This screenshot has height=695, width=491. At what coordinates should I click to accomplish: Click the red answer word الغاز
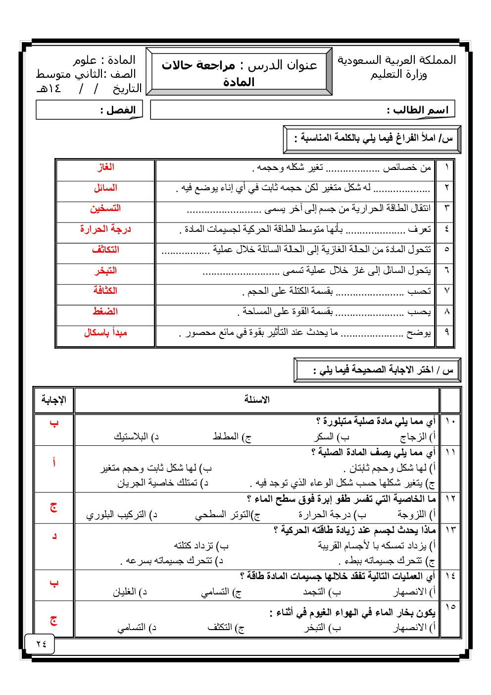[x=105, y=167]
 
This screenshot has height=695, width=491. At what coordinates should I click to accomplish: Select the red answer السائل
[x=105, y=188]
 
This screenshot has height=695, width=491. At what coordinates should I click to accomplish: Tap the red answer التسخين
[x=105, y=209]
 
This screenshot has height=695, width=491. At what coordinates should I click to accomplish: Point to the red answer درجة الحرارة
[x=105, y=229]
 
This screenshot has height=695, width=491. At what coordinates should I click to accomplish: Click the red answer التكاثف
[x=105, y=249]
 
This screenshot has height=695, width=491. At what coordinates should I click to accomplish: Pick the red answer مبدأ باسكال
[x=105, y=332]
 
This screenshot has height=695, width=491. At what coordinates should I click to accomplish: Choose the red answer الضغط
[x=105, y=311]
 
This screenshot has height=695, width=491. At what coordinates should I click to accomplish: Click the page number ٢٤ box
[x=41, y=643]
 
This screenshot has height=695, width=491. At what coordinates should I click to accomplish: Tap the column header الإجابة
[x=54, y=400]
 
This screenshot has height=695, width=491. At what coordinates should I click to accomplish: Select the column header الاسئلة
[x=257, y=400]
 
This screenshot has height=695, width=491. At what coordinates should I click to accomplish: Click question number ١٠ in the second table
[x=450, y=421]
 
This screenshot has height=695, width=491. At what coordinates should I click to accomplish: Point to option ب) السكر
[x=332, y=437]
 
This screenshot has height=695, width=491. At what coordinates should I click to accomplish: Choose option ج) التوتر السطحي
[x=228, y=515]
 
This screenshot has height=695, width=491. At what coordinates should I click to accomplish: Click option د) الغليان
[x=130, y=592]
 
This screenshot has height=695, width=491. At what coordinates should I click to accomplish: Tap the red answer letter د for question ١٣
[x=54, y=536]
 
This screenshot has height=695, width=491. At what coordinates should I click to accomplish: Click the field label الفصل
[x=118, y=110]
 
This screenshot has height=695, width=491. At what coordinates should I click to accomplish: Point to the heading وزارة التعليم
[x=399, y=75]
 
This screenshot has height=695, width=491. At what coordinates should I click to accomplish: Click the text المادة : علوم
[x=104, y=60]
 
